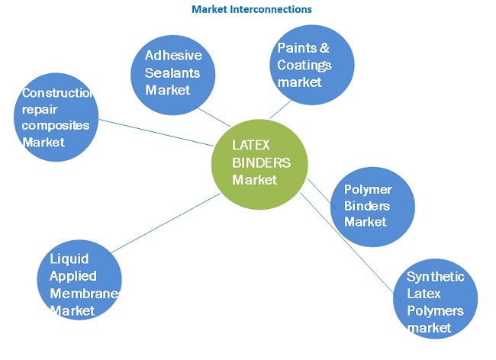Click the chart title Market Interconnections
[251, 9]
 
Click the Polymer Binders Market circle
[372, 205]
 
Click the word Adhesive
[173, 56]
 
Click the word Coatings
[304, 65]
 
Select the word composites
[56, 126]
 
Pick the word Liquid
[65, 259]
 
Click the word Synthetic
[435, 277]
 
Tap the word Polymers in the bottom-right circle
[435, 311]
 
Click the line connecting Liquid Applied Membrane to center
[165, 223]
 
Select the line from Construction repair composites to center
[156, 132]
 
